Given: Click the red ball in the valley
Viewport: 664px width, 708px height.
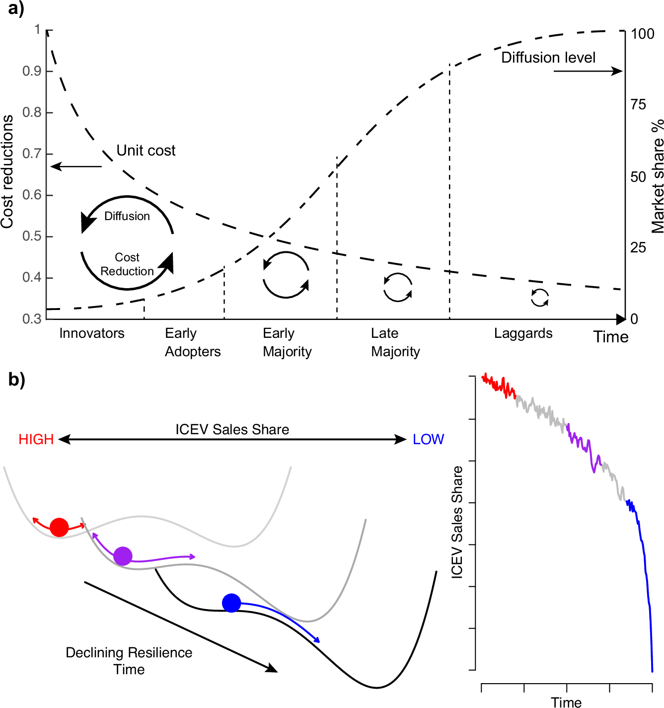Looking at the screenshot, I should [59, 527].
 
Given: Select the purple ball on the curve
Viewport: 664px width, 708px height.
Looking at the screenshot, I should [123, 556].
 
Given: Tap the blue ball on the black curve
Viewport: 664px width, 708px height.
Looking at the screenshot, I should [231, 603].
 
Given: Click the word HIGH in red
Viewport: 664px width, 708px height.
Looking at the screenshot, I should [36, 439].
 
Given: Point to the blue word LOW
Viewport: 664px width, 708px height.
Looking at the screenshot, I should [428, 439].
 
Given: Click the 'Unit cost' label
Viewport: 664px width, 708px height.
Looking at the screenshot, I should [146, 151].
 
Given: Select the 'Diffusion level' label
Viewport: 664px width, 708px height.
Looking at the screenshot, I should [548, 58].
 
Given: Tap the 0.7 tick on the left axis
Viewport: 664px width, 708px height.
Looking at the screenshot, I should [32, 154].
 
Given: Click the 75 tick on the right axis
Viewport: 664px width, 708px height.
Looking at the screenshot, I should [638, 104].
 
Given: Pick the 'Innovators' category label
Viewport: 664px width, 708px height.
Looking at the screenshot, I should [92, 333].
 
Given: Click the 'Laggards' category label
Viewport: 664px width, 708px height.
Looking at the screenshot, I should [523, 333].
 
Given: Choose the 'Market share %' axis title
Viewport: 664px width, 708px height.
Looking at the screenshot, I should [657, 176].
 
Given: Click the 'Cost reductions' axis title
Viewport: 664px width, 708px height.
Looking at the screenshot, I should [7, 171].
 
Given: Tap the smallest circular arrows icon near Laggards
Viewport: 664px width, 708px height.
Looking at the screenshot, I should [539, 298].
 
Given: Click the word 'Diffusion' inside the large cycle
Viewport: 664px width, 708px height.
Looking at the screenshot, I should [127, 216].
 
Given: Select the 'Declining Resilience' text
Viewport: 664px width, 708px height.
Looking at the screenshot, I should [129, 652].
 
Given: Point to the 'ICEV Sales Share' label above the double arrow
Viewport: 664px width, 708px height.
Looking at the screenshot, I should [232, 429].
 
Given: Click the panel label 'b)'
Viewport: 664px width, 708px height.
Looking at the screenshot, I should [16, 380].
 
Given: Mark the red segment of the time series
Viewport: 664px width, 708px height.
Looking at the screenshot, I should [499, 386].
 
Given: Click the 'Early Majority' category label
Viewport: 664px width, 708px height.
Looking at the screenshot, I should [287, 342].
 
